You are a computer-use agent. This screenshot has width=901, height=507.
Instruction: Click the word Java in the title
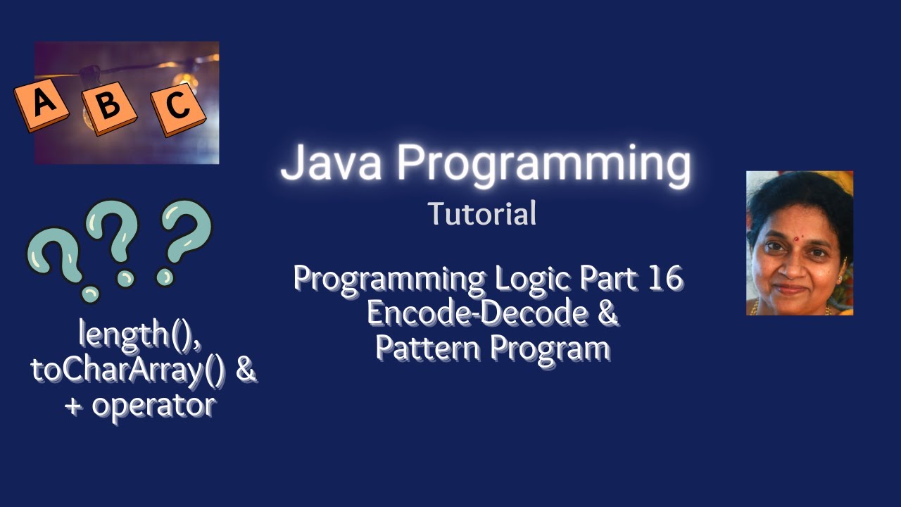(332, 163)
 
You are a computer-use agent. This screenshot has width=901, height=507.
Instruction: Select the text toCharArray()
(127, 370)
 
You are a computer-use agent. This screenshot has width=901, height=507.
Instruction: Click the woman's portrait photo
(799, 243)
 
